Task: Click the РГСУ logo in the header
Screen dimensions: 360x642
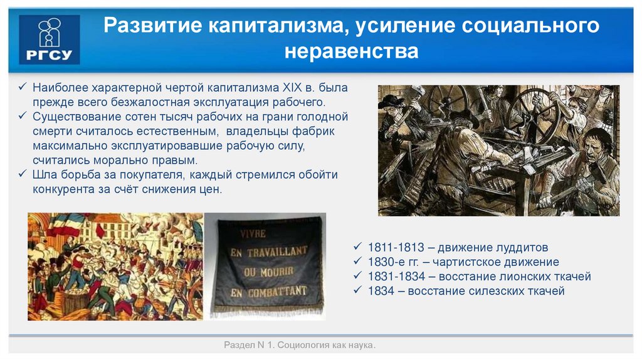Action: [49, 40]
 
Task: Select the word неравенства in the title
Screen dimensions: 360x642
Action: [351, 51]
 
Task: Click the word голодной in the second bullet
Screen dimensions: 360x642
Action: [317, 117]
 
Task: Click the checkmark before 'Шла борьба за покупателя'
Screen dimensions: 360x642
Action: [23, 174]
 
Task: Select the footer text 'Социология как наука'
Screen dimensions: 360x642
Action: [325, 346]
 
